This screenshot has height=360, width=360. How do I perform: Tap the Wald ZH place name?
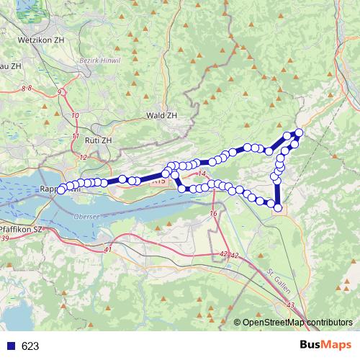[x=161, y=115]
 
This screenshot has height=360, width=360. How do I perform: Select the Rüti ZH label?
[x=97, y=140]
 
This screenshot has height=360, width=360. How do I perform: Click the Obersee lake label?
[x=86, y=215]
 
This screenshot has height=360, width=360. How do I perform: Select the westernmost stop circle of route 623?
[x=61, y=189]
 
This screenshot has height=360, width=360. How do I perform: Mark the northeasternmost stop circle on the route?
[x=299, y=132]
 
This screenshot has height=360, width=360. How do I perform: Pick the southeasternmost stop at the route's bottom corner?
[x=278, y=207]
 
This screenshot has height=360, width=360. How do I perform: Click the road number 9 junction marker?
[x=60, y=92]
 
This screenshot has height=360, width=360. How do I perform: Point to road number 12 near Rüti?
[x=83, y=157]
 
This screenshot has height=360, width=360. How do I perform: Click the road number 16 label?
[x=213, y=215]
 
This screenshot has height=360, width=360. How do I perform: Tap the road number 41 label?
[x=109, y=249]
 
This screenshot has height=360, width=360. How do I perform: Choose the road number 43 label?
[x=291, y=306]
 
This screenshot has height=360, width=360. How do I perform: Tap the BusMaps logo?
[x=326, y=345]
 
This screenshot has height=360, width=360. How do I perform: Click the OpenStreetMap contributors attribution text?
[x=297, y=323]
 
